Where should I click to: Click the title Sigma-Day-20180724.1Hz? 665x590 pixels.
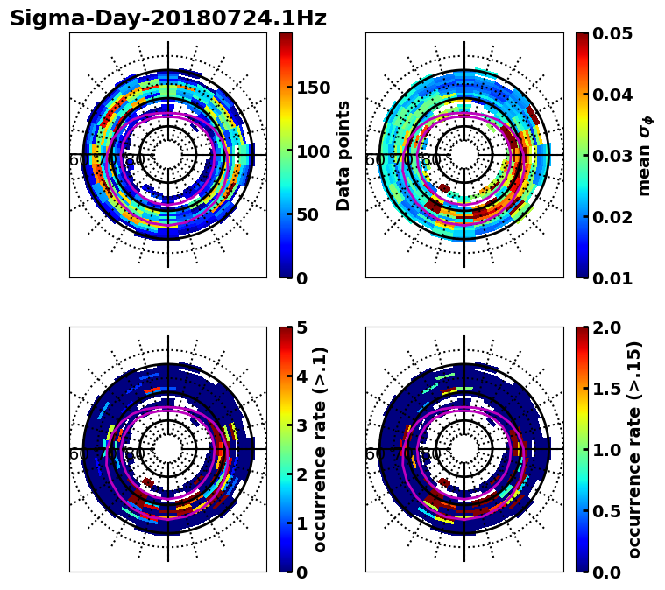pos(167,18)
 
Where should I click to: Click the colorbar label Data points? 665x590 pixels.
pos(343,155)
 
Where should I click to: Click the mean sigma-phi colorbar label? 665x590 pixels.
pos(645,155)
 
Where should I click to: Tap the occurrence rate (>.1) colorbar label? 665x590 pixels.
pos(321,449)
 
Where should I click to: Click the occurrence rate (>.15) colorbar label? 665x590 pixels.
pos(634,449)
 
